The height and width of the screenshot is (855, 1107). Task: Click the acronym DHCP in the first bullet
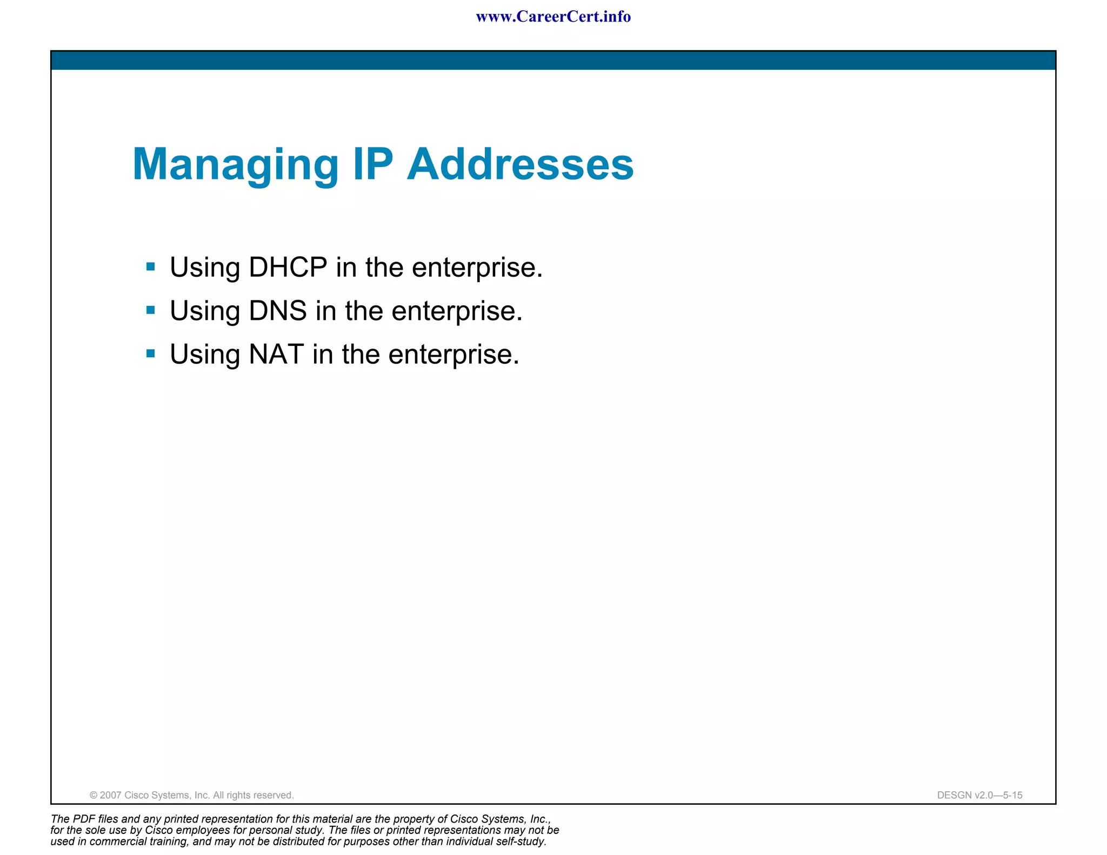[x=288, y=267]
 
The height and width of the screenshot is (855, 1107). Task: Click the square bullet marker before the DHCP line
[x=151, y=266]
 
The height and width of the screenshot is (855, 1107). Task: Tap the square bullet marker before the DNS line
[x=151, y=310]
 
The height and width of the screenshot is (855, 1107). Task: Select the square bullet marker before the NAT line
[x=151, y=354]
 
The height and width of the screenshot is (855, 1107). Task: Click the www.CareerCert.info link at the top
[x=553, y=17]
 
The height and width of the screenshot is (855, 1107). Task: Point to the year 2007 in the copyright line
[x=111, y=795]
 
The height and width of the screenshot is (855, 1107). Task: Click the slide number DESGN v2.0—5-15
[x=979, y=795]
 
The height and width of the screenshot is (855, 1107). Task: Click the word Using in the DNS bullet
[x=205, y=311]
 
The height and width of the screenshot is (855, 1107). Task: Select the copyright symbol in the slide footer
[x=94, y=795]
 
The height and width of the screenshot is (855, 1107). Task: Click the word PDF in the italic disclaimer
[x=84, y=819]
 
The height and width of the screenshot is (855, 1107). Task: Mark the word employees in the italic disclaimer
[x=203, y=830]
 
